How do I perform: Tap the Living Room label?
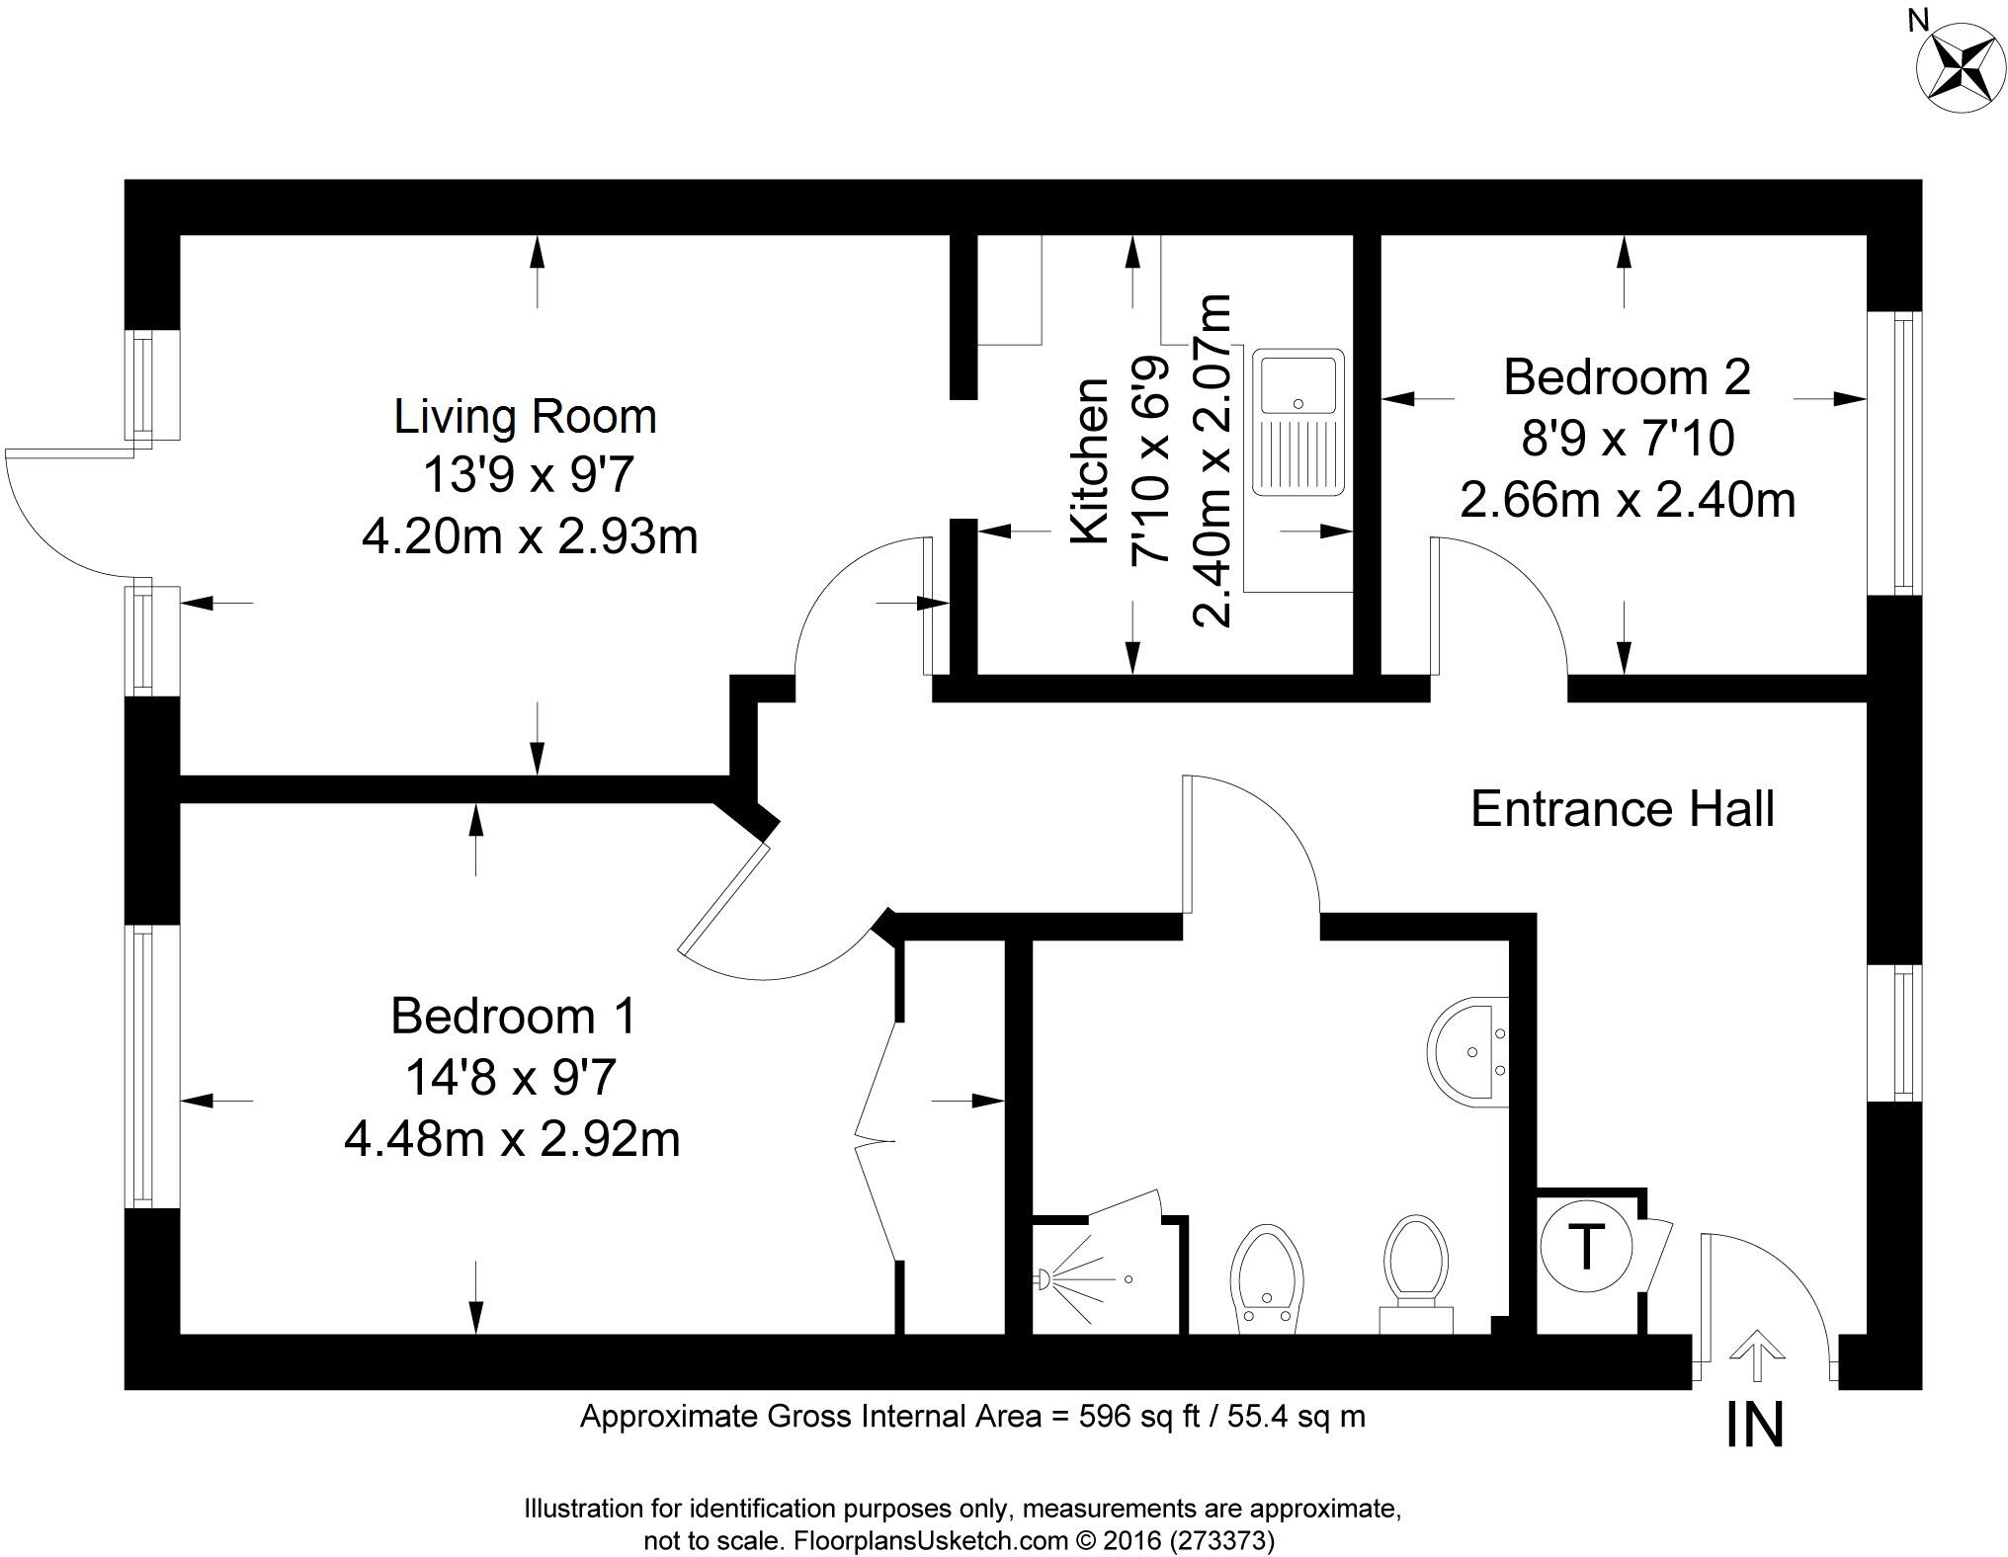[x=525, y=416]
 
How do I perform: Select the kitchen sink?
[x=1297, y=421]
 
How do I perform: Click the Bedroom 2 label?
[x=1627, y=377]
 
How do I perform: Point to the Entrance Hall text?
[x=1622, y=809]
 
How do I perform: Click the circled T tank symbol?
[x=1586, y=1247]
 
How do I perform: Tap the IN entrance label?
[x=1754, y=1426]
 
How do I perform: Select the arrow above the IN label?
[x=1756, y=1354]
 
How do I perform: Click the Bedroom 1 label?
[x=513, y=1016]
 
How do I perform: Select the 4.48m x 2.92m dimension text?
[x=512, y=1139]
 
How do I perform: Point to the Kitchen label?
[x=1090, y=460]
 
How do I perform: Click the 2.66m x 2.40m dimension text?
[x=1627, y=500]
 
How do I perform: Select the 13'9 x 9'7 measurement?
[x=527, y=476]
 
